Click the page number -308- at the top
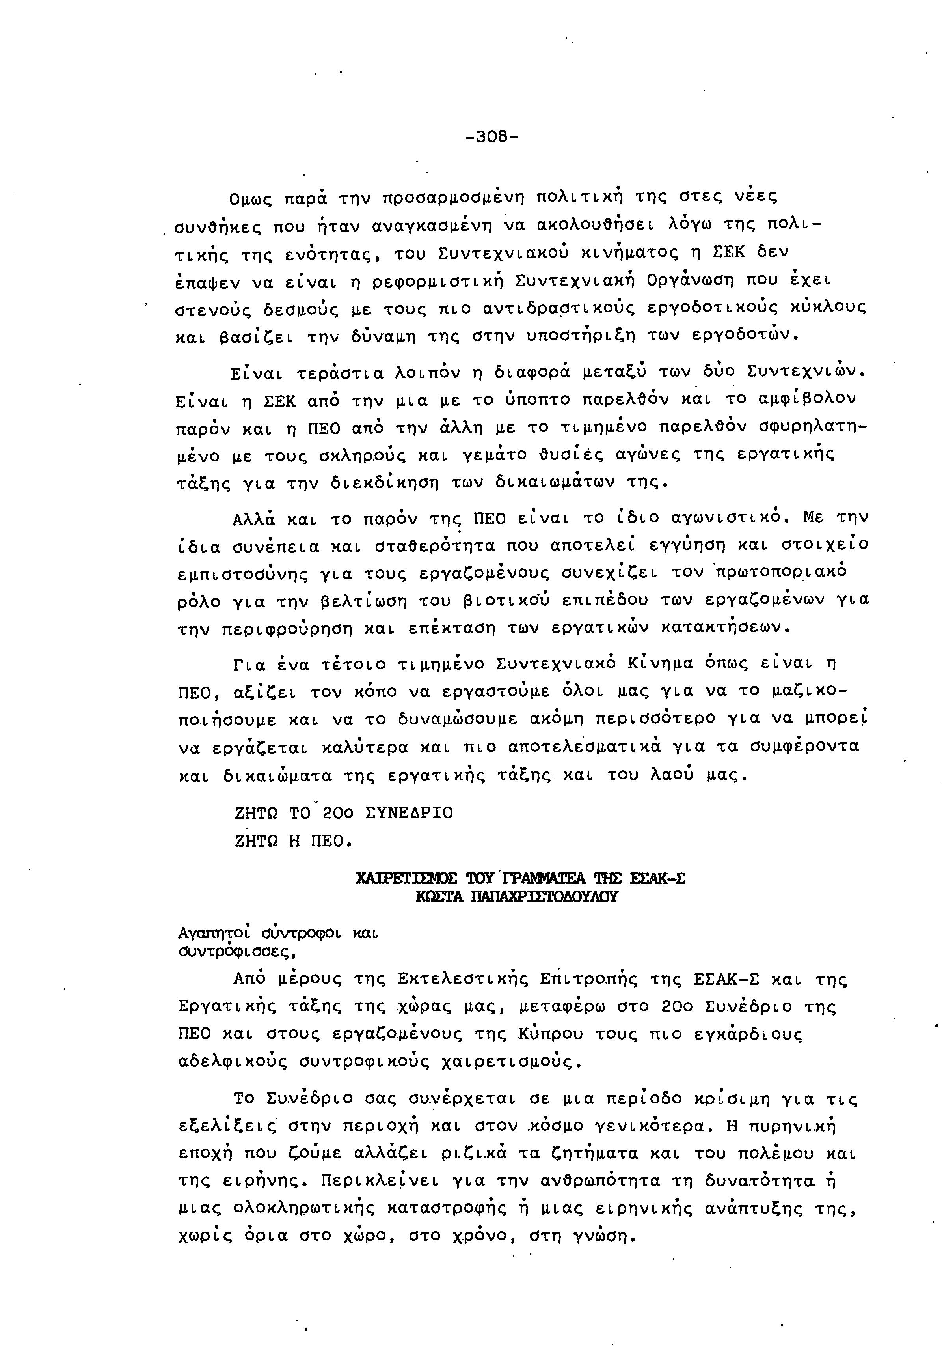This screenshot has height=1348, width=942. [491, 137]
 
